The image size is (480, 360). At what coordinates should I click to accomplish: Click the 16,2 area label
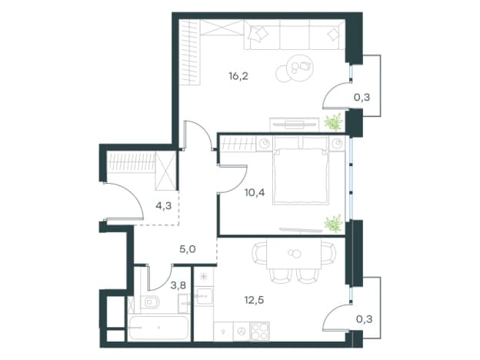[238, 76]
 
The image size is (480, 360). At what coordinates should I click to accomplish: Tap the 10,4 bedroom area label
[255, 192]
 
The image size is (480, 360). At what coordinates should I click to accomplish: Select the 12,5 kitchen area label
[254, 300]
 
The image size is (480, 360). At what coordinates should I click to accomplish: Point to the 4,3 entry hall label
[164, 206]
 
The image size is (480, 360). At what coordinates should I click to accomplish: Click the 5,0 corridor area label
[188, 249]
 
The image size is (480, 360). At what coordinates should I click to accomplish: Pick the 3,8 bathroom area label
[178, 285]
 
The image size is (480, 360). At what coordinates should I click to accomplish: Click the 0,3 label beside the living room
[362, 98]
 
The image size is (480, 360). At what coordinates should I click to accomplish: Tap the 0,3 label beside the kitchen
[365, 319]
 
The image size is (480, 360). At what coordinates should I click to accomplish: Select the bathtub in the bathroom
[158, 328]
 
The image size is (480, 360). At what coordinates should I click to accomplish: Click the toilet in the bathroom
[150, 302]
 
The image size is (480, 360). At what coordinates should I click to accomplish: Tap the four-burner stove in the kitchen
[259, 332]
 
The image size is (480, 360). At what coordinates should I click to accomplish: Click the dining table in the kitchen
[294, 254]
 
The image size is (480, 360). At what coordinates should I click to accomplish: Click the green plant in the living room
[333, 122]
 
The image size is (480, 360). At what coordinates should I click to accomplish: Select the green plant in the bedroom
[333, 223]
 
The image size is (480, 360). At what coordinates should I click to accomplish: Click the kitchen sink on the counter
[204, 296]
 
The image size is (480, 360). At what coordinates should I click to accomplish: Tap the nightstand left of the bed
[264, 144]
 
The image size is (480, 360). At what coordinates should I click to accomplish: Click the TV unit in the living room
[294, 125]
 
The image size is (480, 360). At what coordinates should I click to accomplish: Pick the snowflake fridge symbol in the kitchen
[203, 276]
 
